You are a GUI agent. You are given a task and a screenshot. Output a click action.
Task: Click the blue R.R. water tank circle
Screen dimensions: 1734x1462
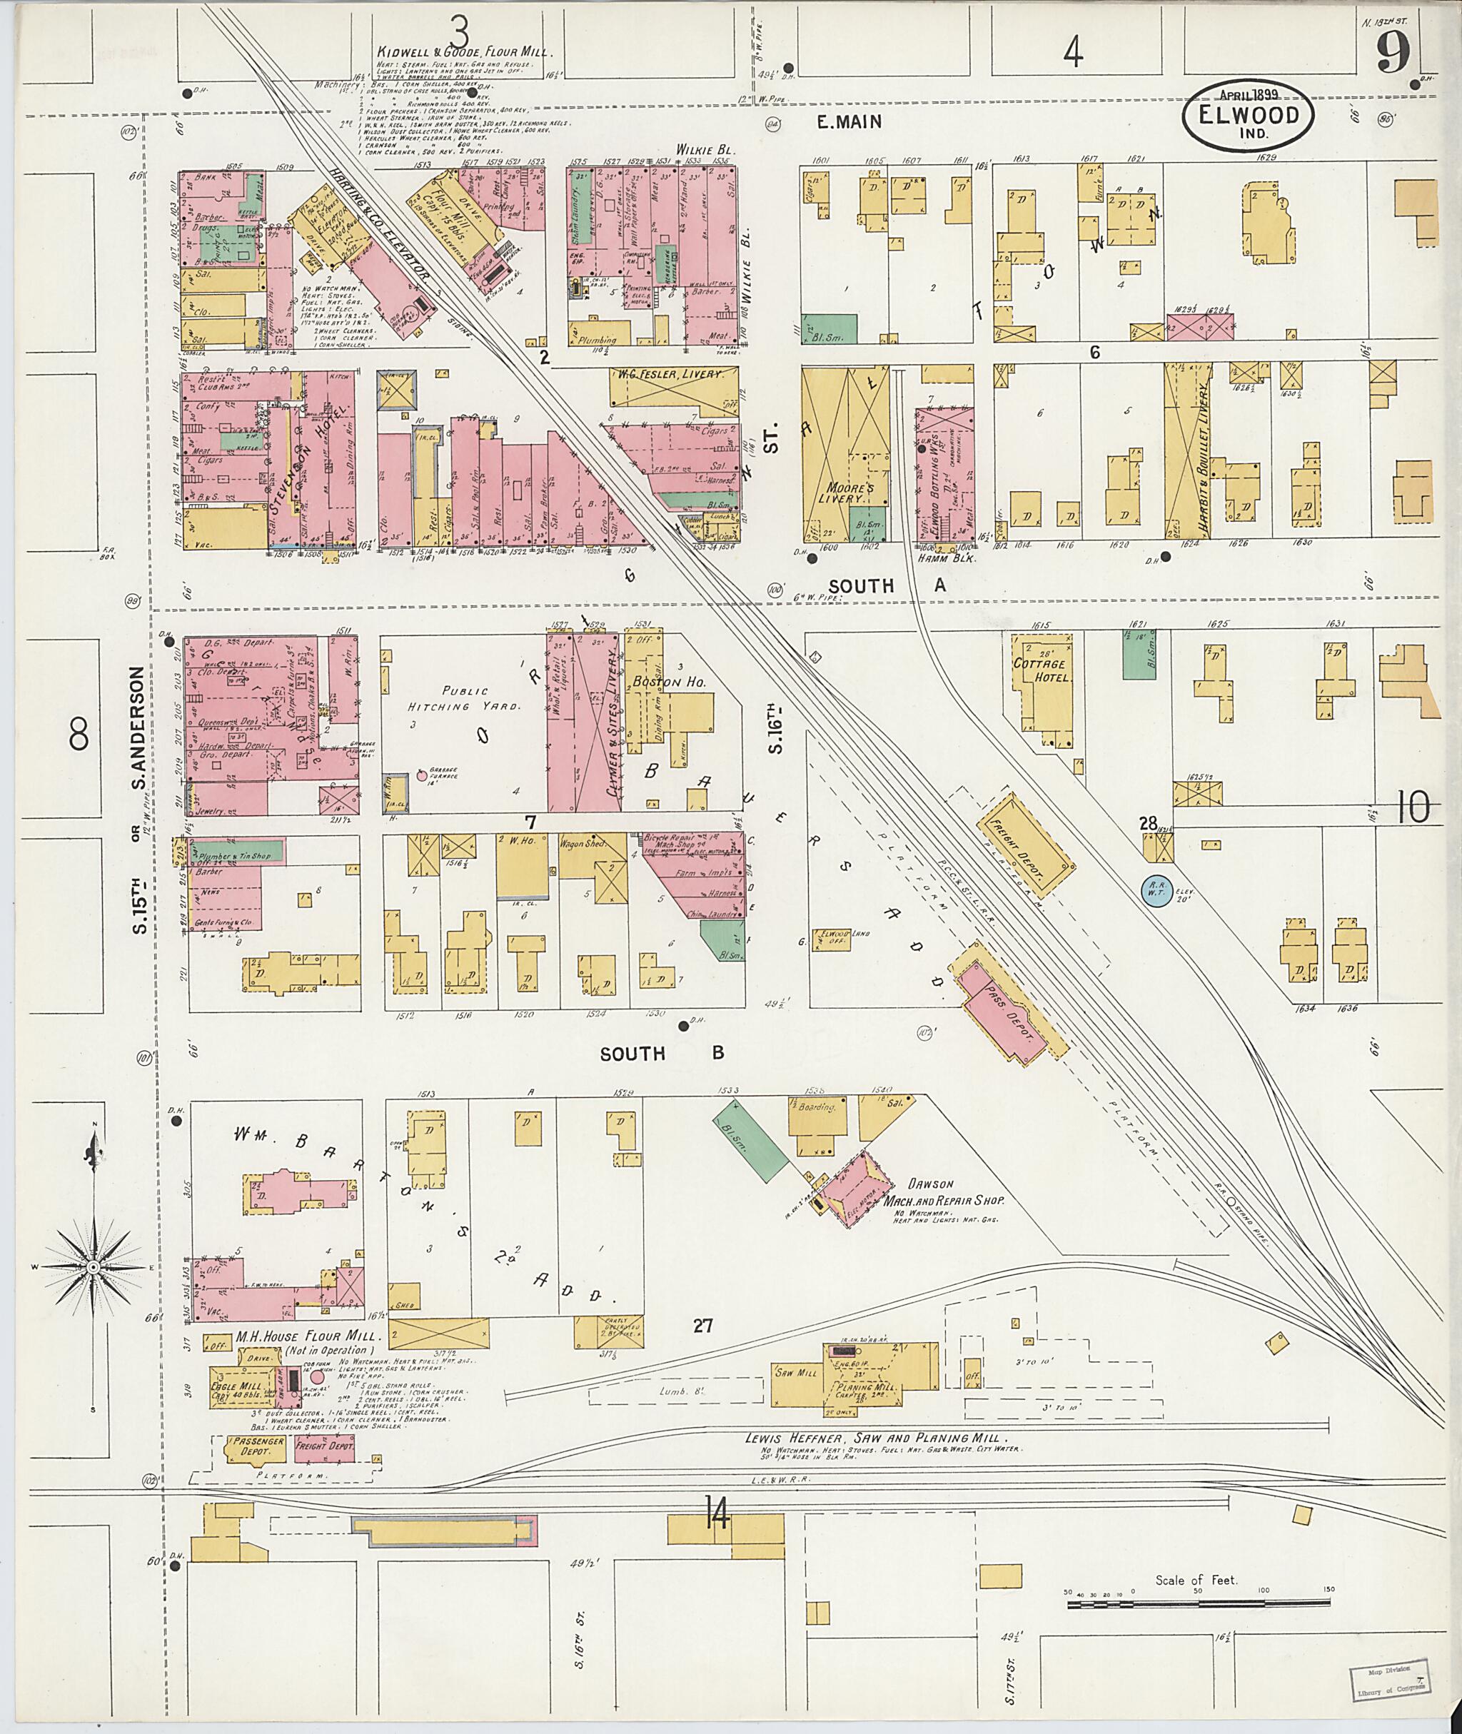tap(1154, 889)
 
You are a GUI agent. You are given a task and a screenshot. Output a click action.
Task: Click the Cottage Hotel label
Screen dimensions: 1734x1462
tap(1042, 670)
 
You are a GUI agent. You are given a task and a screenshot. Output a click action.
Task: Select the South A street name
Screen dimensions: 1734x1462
tap(885, 586)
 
